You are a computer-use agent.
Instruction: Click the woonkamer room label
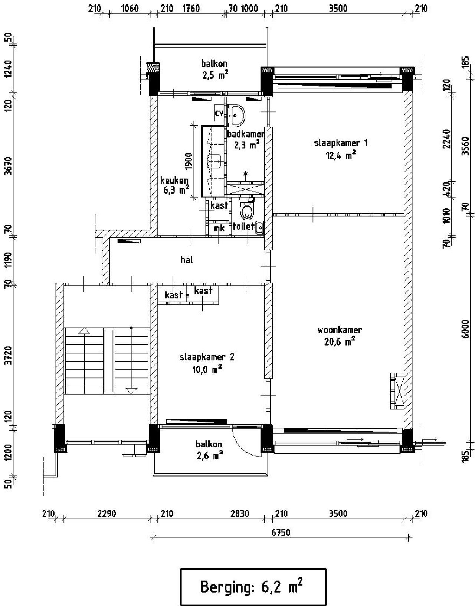click(x=340, y=330)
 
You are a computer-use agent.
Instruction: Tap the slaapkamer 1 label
click(x=341, y=143)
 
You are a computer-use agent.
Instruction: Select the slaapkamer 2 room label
click(x=207, y=357)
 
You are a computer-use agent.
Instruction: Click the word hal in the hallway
click(x=187, y=260)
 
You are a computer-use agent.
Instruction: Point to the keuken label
click(x=174, y=181)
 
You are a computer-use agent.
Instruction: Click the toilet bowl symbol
click(x=246, y=211)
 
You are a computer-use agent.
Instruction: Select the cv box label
click(x=219, y=113)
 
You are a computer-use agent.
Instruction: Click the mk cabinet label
click(x=219, y=229)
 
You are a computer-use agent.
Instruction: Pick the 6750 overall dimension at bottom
click(x=281, y=532)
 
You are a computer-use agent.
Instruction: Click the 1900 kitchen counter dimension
click(x=189, y=161)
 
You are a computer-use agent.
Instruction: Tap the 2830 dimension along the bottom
click(x=240, y=514)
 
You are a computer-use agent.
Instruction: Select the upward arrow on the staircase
click(x=84, y=331)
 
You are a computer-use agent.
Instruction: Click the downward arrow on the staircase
click(x=131, y=390)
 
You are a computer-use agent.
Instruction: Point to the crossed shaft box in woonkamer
click(x=397, y=391)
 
